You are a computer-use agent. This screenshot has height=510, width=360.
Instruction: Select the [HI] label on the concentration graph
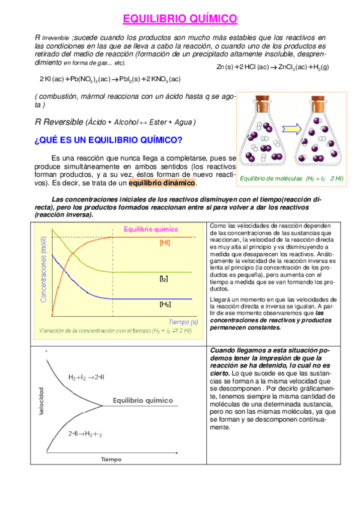click(165, 242)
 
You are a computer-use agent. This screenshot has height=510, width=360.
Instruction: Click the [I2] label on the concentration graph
click(163, 279)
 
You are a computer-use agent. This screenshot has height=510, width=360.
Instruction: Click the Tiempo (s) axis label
click(183, 321)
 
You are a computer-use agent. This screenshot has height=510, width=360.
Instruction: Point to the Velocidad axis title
click(41, 401)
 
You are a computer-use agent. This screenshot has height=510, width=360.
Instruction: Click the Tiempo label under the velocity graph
click(111, 459)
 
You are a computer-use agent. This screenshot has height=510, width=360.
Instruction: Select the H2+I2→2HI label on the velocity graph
click(87, 377)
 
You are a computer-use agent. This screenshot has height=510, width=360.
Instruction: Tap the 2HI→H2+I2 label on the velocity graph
click(85, 433)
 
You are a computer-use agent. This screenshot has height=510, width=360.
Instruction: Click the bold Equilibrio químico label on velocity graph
click(143, 401)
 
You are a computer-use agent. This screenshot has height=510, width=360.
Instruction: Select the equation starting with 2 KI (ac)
click(110, 79)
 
